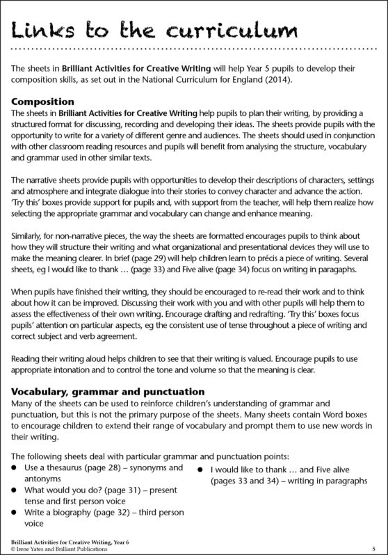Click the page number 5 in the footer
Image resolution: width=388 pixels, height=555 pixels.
pyautogui.click(x=374, y=547)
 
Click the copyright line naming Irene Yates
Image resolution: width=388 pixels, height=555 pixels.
pyautogui.click(x=56, y=548)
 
